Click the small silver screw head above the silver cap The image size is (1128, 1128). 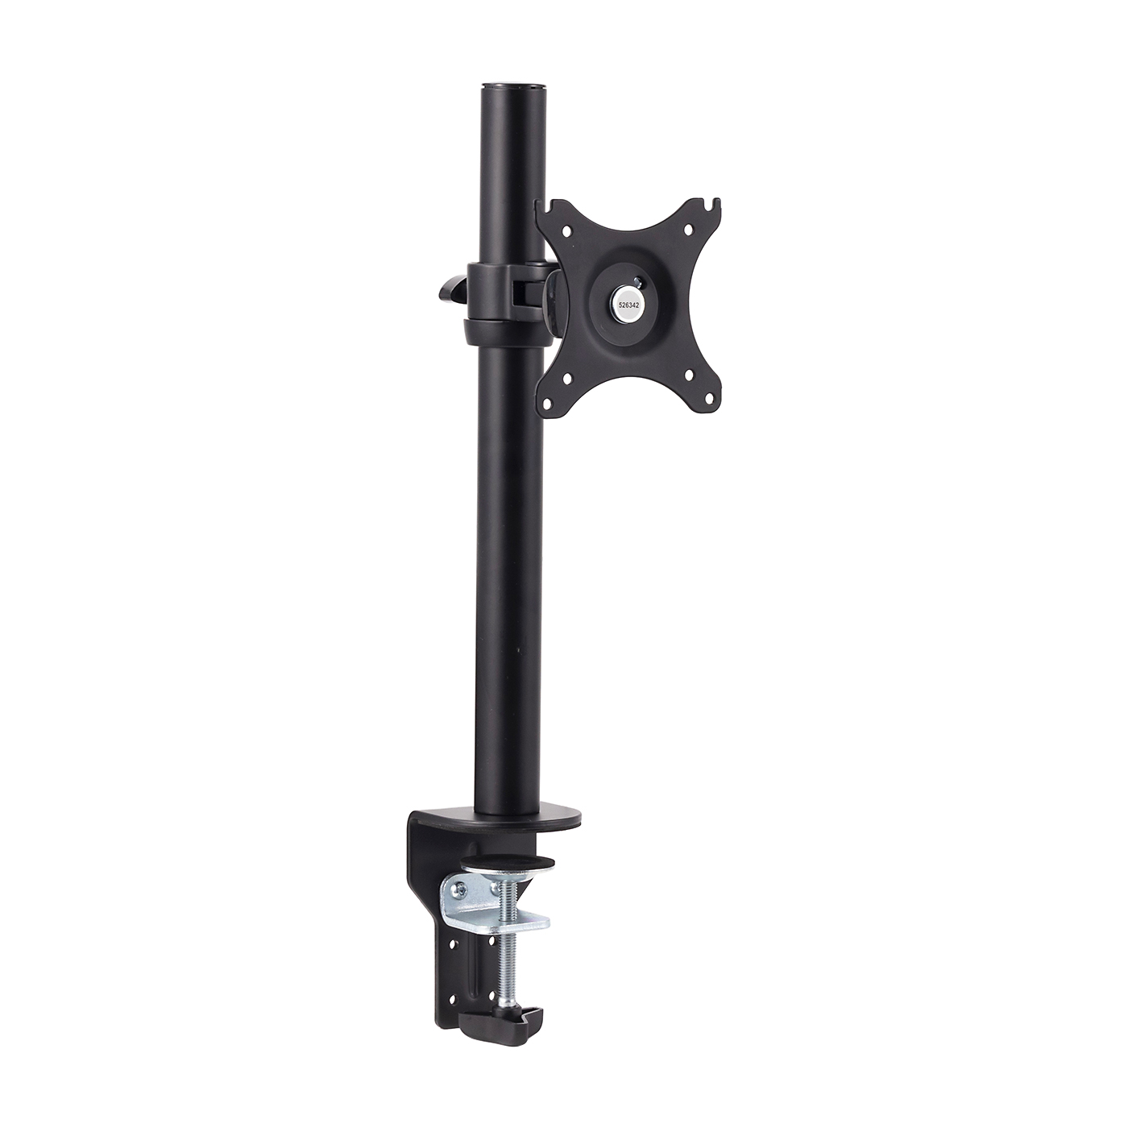pyautogui.click(x=640, y=280)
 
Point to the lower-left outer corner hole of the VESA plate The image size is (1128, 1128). pyautogui.click(x=548, y=404)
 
